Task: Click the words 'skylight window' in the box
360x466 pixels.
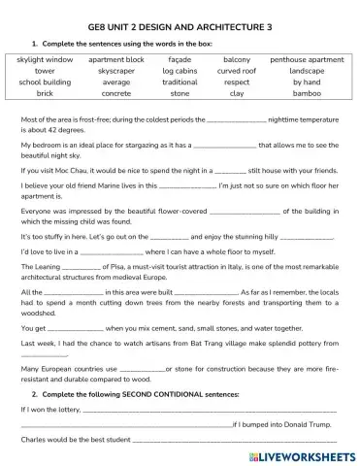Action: (x=45, y=60)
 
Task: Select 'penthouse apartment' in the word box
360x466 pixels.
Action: (x=307, y=60)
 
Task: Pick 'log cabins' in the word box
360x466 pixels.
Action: (x=180, y=72)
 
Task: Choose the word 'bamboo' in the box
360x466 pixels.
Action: (x=307, y=95)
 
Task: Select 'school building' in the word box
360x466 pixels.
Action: (x=45, y=83)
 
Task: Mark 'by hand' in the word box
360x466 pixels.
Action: (x=307, y=83)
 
